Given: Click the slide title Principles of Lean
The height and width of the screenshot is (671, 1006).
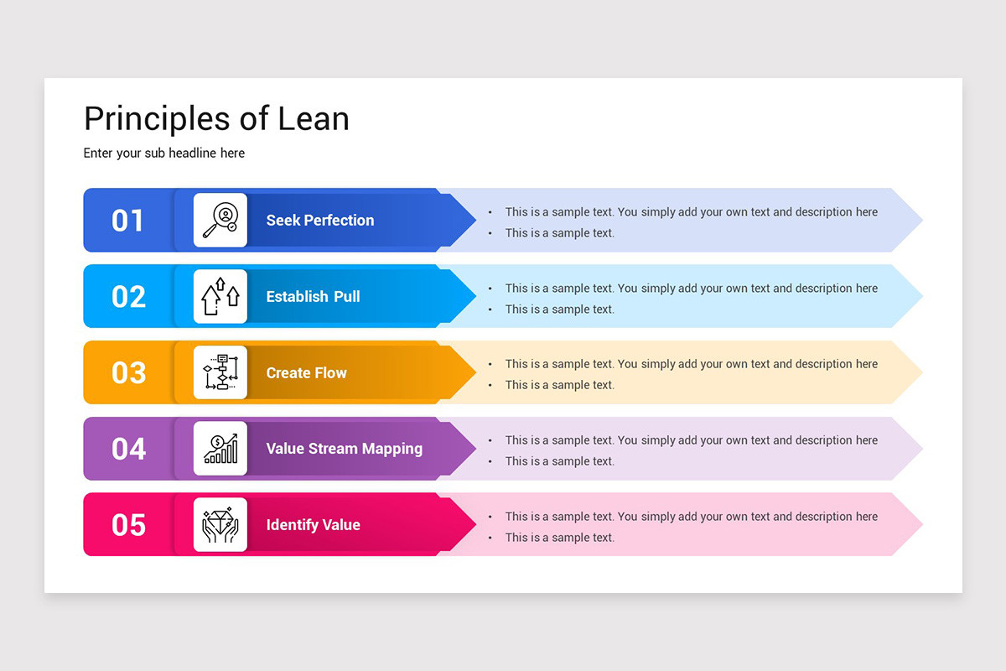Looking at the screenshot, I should [x=216, y=119].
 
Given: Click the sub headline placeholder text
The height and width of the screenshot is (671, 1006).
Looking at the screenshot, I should [x=164, y=153].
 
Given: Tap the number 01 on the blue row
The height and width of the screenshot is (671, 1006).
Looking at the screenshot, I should [x=128, y=221].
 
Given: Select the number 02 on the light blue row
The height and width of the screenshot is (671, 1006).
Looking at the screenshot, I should [x=128, y=297].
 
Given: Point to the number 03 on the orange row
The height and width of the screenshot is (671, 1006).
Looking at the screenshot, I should [x=128, y=372].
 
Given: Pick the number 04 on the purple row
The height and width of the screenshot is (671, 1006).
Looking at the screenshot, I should [x=128, y=449].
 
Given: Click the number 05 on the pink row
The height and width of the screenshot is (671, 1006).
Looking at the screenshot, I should [x=128, y=525].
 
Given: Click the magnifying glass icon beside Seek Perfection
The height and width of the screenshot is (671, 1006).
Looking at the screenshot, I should [x=220, y=221].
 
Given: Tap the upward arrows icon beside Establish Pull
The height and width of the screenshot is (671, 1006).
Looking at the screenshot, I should [x=220, y=297].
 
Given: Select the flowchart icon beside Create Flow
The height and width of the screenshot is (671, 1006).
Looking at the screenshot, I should [x=220, y=372].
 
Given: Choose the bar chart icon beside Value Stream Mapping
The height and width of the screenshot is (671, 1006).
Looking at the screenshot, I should [x=220, y=449].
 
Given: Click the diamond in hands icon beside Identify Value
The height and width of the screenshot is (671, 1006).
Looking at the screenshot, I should [x=220, y=525].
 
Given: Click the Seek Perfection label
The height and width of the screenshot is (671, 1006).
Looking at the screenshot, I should [x=320, y=221].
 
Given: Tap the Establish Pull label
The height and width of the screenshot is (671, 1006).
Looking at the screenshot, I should [x=313, y=297].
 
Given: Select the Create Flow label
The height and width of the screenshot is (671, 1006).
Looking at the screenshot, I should [x=306, y=372].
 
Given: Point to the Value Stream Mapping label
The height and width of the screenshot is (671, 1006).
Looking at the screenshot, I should [x=344, y=449].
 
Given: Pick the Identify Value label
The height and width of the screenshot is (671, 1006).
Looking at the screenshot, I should [x=313, y=525].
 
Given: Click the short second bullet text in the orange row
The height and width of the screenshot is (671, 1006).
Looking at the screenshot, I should [x=559, y=385].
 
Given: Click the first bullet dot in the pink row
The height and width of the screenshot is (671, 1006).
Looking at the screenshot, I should [x=490, y=517].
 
